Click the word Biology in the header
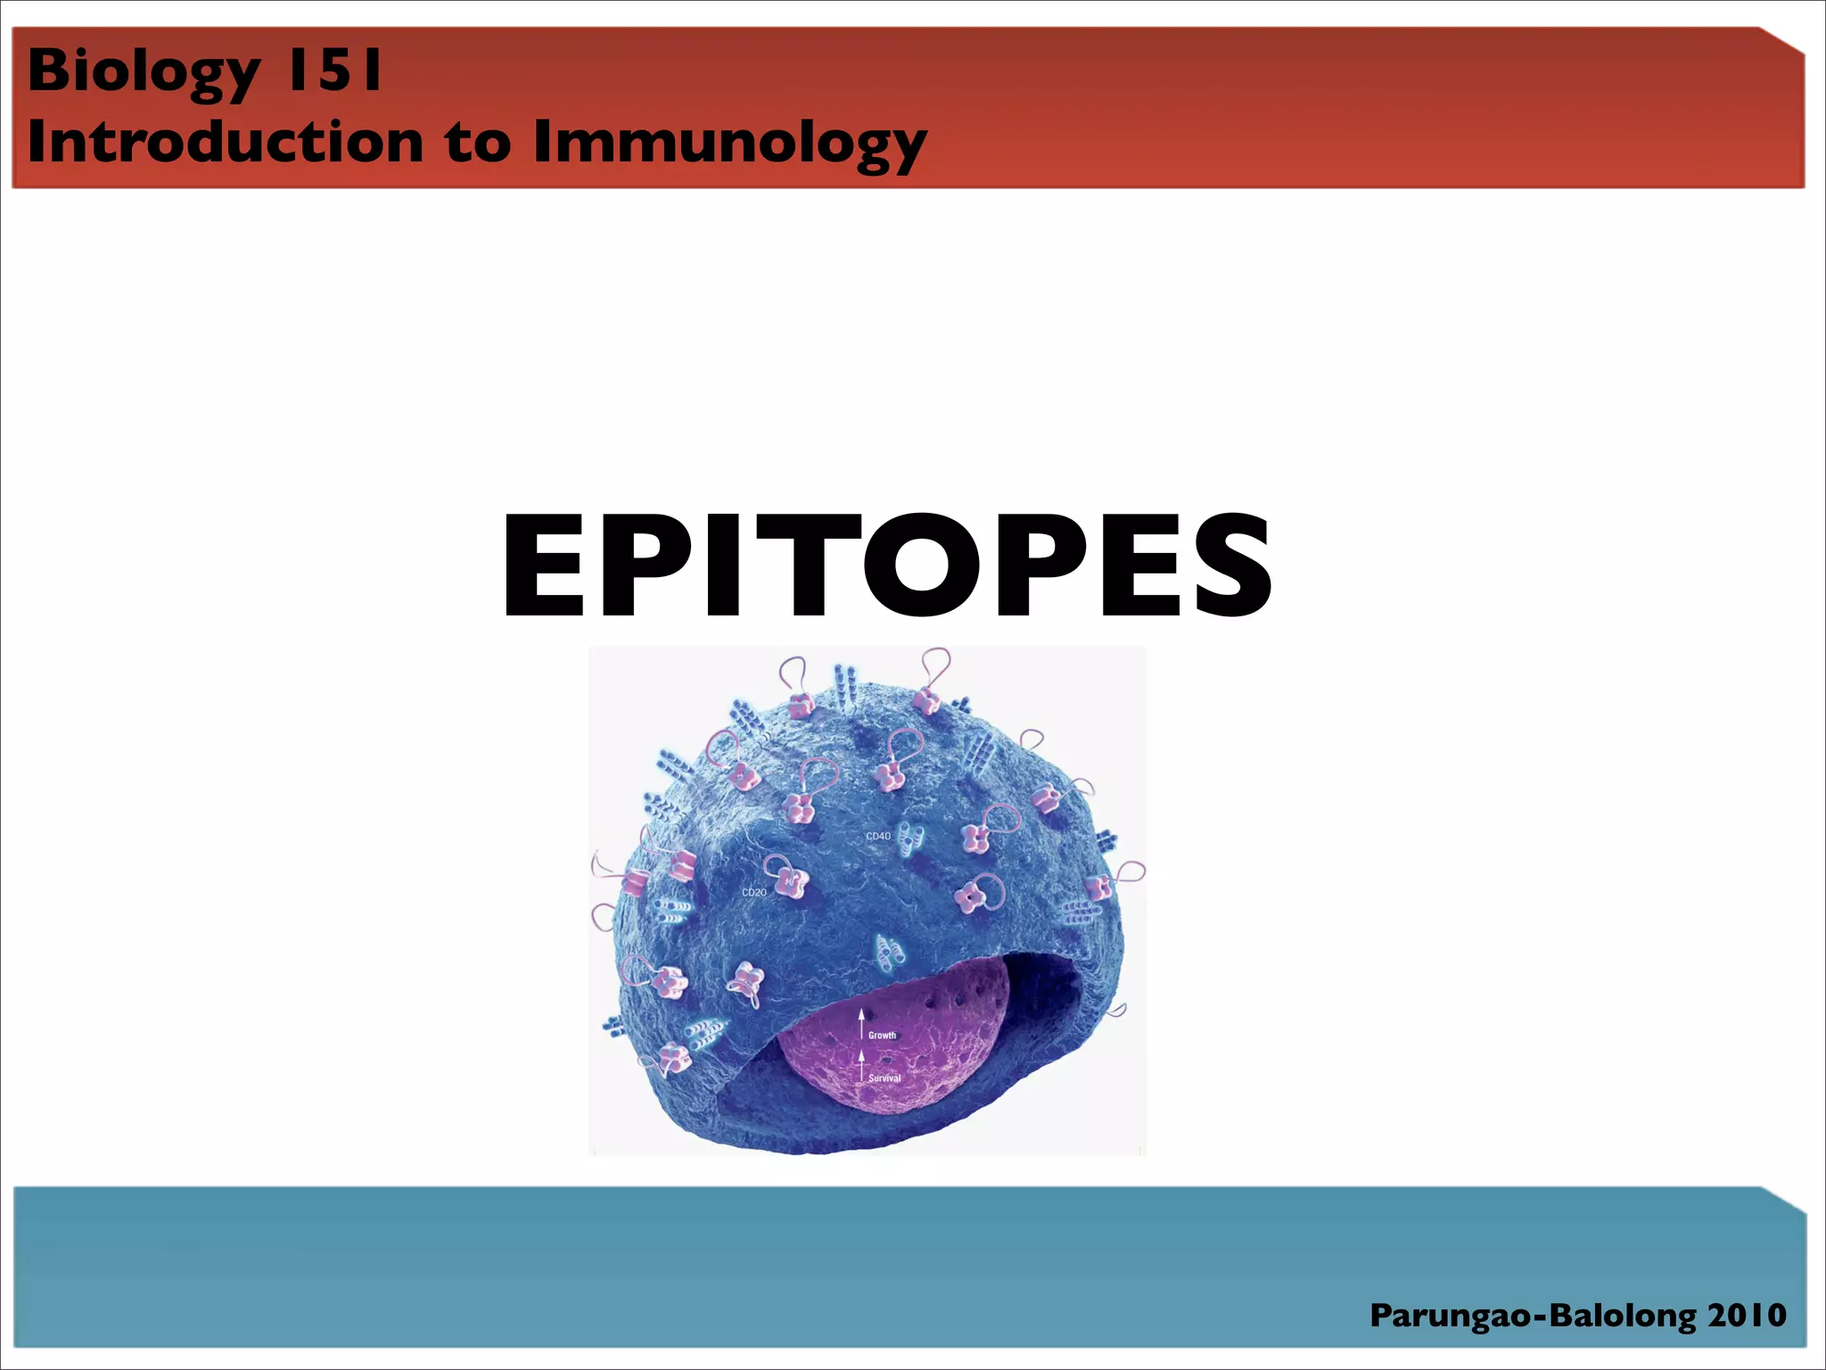(x=143, y=71)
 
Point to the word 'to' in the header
(x=478, y=143)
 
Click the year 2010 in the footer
(x=1747, y=1316)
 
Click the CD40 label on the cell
(x=877, y=836)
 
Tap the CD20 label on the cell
(x=753, y=892)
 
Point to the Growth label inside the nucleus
(x=882, y=1036)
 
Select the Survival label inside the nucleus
(x=884, y=1078)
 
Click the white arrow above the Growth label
(x=861, y=1022)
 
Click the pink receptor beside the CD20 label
(x=786, y=879)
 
